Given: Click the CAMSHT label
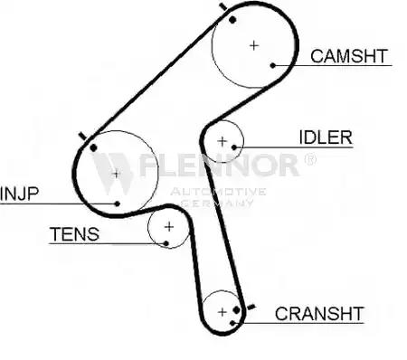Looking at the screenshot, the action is click(x=349, y=56).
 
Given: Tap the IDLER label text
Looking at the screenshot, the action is click(x=326, y=137).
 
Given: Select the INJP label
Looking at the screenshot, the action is click(x=20, y=194).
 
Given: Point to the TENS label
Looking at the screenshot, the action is click(x=74, y=234).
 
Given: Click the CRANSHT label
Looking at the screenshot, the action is click(x=319, y=314).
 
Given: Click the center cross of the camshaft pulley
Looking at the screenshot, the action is click(x=254, y=45).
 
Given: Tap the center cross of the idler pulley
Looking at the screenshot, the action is click(x=222, y=141).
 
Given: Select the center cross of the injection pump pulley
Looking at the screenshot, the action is click(x=116, y=174).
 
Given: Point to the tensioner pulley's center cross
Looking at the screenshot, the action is click(x=169, y=226).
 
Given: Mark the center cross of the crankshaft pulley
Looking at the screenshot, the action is click(x=222, y=312).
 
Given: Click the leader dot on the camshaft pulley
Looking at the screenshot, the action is click(x=273, y=65).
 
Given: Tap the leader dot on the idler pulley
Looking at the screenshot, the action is click(x=234, y=147).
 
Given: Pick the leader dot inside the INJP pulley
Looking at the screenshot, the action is click(x=118, y=204).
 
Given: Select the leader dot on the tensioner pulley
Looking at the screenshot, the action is click(x=166, y=243).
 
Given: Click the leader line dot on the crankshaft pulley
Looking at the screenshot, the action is click(x=232, y=323).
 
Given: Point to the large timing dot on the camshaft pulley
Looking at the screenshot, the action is click(x=232, y=20).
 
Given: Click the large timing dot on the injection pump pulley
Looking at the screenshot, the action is click(x=93, y=147).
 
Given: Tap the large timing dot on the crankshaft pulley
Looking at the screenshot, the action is click(x=237, y=310).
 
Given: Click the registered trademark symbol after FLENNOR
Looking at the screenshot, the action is click(x=310, y=159).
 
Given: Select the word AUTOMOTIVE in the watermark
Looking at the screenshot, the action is click(x=218, y=192).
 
